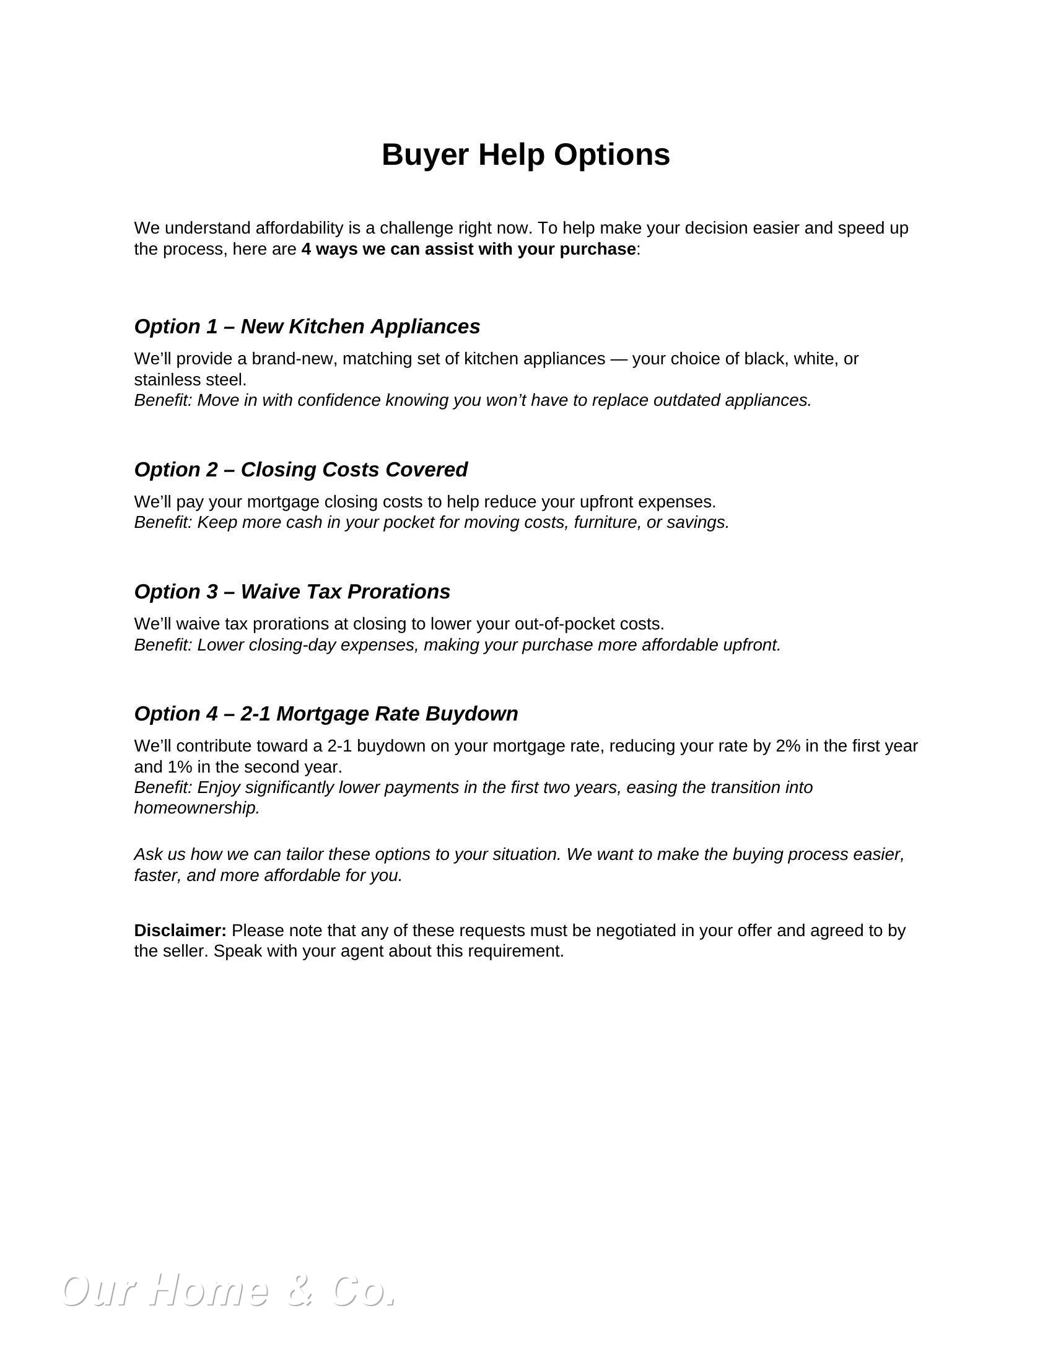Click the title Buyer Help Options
click(x=525, y=154)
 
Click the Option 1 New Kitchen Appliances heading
click(x=307, y=327)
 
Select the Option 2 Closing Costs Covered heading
click(x=300, y=470)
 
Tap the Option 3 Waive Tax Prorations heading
click(x=292, y=592)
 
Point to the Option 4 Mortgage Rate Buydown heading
click(x=326, y=713)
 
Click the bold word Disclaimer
click(x=180, y=931)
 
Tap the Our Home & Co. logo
click(x=229, y=1290)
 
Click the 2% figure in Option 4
click(x=788, y=746)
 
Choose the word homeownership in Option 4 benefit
click(x=196, y=808)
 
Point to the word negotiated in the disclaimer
click(x=636, y=931)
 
